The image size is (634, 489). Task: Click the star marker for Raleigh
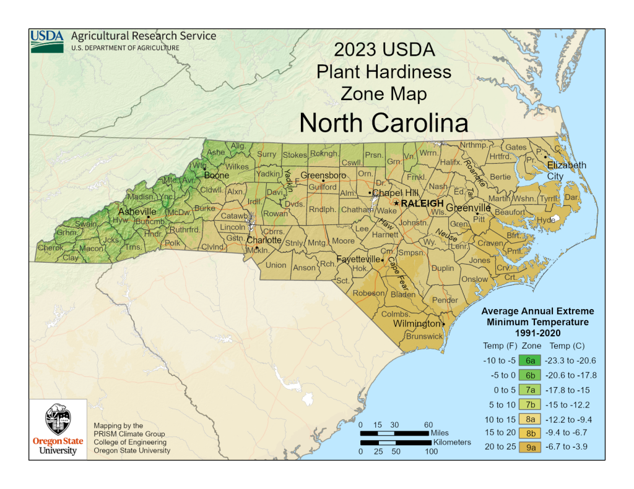397,203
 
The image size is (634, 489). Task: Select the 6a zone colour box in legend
531,360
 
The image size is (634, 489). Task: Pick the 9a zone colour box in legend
531,447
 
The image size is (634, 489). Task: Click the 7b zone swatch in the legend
531,404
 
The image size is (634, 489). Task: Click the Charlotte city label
264,240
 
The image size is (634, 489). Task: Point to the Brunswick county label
424,336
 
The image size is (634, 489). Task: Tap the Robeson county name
368,294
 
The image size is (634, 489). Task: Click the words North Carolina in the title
383,123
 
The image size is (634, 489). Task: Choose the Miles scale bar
394,433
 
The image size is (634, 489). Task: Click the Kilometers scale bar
394,443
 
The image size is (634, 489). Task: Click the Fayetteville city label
358,259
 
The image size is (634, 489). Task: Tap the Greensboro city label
323,176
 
